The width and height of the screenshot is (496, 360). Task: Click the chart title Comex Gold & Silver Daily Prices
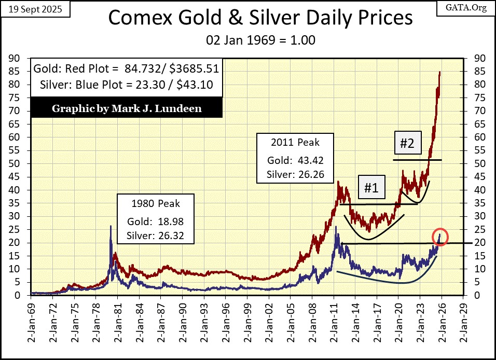(x=260, y=19)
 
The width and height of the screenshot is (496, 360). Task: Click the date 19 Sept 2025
(x=27, y=8)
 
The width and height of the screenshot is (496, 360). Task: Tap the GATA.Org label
(x=470, y=8)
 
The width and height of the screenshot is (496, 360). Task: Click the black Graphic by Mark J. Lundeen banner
(x=127, y=108)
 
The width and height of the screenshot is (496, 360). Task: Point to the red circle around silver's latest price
(x=440, y=237)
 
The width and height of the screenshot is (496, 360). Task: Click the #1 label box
(x=370, y=188)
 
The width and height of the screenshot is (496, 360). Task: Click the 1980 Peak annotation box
(x=156, y=219)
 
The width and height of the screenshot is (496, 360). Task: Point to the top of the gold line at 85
(x=440, y=72)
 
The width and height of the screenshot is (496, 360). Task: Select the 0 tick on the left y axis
(x=18, y=295)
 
